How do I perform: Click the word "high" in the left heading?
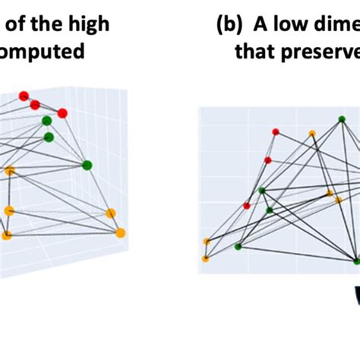(x=87, y=24)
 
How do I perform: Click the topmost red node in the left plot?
(x=24, y=96)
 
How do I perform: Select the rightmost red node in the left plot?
(x=62, y=113)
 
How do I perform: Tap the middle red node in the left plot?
(x=35, y=105)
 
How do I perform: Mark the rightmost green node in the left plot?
(x=87, y=165)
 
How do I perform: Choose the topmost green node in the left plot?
(x=46, y=120)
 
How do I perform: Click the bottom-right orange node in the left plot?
(x=119, y=232)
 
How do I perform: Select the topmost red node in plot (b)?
(x=276, y=132)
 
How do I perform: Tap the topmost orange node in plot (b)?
(x=312, y=134)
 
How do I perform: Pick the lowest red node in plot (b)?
(x=247, y=205)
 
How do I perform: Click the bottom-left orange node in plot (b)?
(x=205, y=259)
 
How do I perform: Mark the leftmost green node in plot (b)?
(x=238, y=246)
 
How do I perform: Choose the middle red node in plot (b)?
(x=267, y=160)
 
